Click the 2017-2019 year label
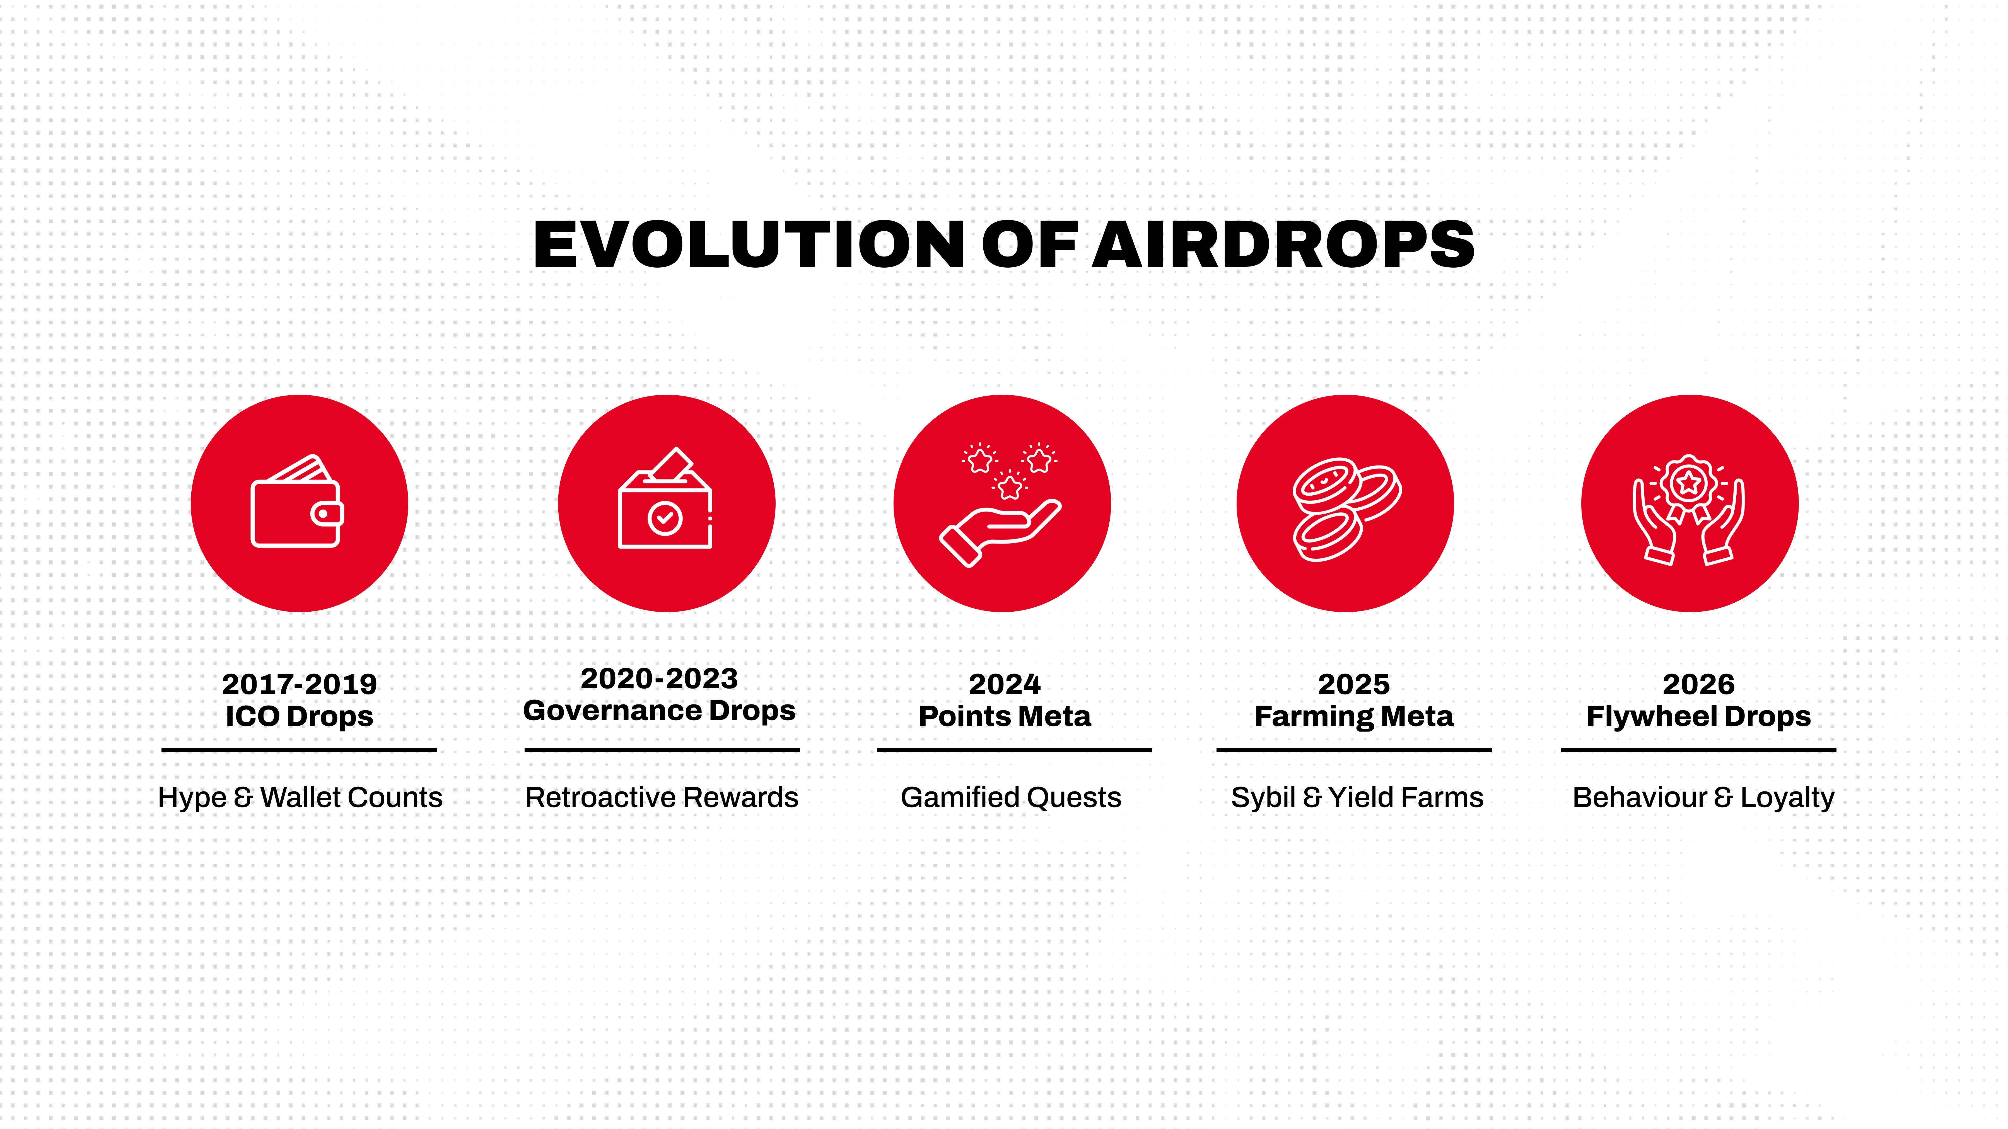pos(299,684)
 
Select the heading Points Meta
pos(1005,716)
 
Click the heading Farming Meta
pos(1354,716)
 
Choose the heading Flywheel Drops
pos(1698,716)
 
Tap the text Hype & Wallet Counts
pos(300,797)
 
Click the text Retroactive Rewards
pos(662,797)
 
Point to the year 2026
pos(1698,684)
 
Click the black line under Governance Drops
pos(662,750)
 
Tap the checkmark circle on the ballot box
pos(665,518)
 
